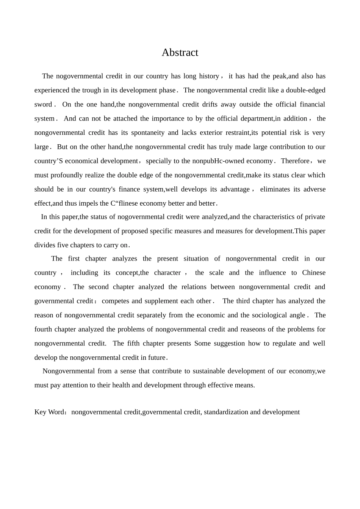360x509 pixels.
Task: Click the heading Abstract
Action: pyautogui.click(x=180, y=52)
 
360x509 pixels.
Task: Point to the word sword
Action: pyautogui.click(x=43, y=105)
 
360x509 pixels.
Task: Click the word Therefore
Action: pyautogui.click(x=295, y=161)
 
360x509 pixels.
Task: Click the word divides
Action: pyautogui.click(x=45, y=245)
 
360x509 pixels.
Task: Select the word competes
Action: pyautogui.click(x=116, y=301)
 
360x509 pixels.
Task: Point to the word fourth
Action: pyautogui.click(x=43, y=329)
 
